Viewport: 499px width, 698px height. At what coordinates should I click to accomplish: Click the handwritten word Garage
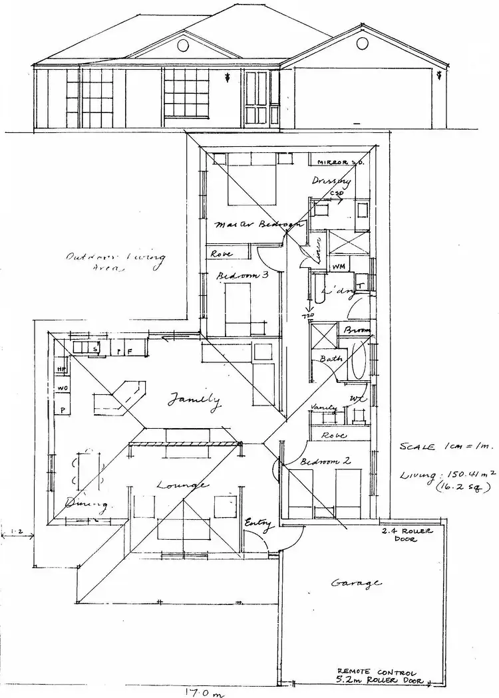pyautogui.click(x=357, y=583)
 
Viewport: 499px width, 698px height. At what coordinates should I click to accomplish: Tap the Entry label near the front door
pyautogui.click(x=259, y=525)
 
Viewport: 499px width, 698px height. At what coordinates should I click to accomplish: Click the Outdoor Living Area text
pyautogui.click(x=115, y=263)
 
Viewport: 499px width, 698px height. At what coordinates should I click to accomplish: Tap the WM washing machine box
pyautogui.click(x=338, y=266)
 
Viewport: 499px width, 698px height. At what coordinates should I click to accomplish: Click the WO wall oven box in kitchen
pyautogui.click(x=62, y=388)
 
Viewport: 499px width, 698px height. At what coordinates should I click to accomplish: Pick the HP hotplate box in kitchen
pyautogui.click(x=61, y=368)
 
